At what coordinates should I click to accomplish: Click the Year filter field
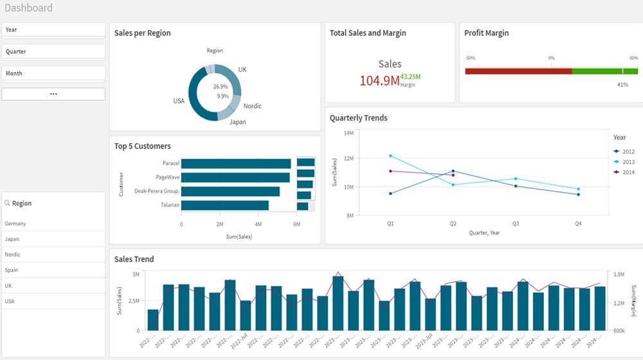53,30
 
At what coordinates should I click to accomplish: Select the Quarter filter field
53,51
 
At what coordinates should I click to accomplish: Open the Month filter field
53,73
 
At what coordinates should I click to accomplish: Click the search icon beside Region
7,203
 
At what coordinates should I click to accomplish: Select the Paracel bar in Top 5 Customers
235,163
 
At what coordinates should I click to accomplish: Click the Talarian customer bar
224,205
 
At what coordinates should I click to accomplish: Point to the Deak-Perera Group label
156,191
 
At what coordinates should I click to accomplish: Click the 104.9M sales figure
379,80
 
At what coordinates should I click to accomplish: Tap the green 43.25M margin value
410,76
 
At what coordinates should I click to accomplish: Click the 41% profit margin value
622,85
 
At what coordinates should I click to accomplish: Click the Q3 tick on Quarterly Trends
516,224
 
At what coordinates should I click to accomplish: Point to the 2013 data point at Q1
390,156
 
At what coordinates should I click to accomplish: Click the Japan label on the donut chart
237,122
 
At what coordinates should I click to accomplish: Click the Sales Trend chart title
134,259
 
